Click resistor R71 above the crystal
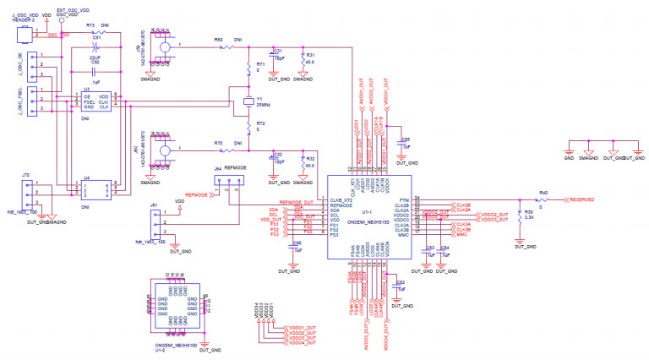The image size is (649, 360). pyautogui.click(x=248, y=68)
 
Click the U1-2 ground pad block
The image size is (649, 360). pyautogui.click(x=175, y=303)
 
